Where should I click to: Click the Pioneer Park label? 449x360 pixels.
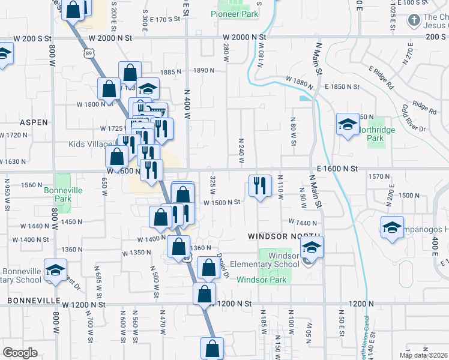point(234,13)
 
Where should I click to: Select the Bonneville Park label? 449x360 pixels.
point(62,194)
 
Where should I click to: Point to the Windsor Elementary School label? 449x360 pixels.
point(283,260)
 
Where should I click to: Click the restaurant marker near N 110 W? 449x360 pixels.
point(259,186)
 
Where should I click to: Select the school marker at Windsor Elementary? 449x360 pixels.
point(312,247)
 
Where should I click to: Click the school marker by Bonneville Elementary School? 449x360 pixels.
point(55,271)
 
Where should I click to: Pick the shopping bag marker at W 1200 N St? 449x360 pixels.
point(204,295)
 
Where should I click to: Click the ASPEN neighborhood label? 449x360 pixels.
point(34,122)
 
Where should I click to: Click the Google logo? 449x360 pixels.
point(20,353)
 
